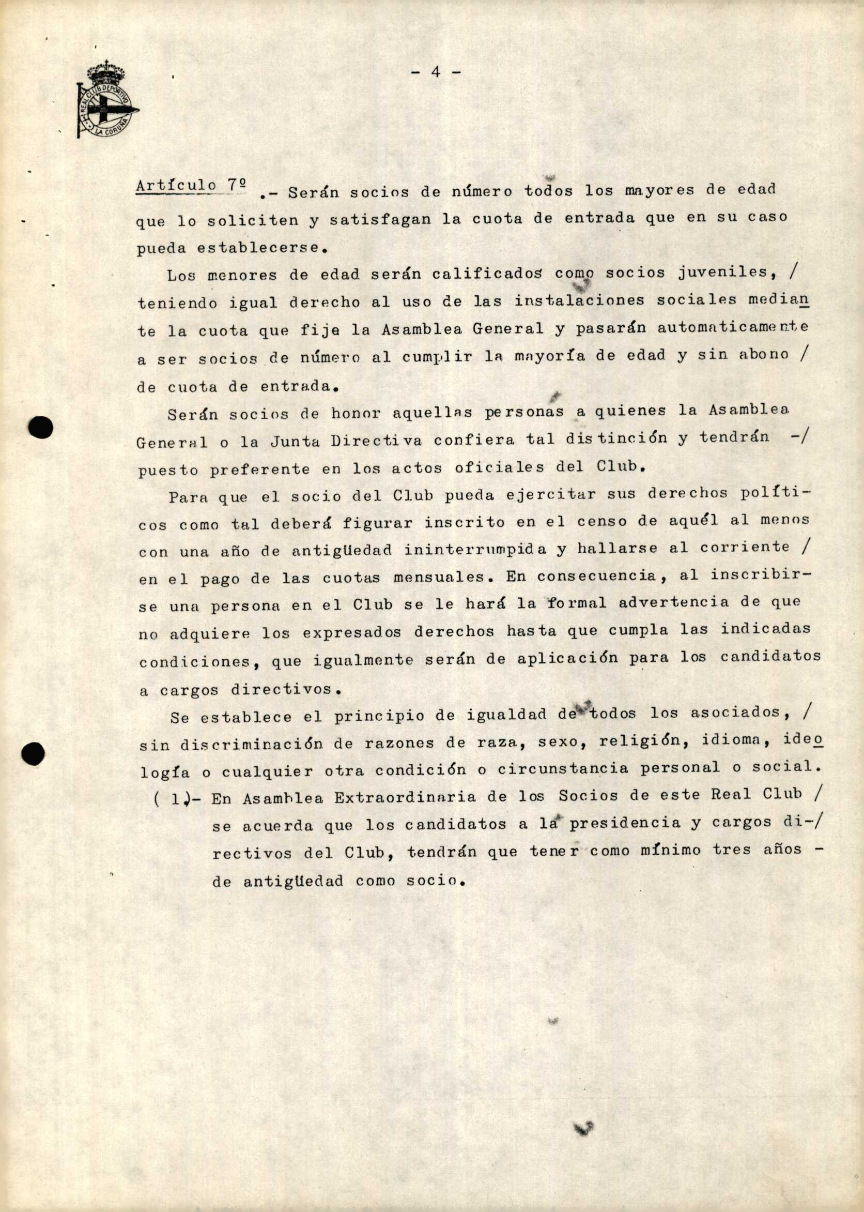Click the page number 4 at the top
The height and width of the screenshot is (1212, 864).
pyautogui.click(x=436, y=72)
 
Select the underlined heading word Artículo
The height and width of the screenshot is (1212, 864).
pyautogui.click(x=176, y=186)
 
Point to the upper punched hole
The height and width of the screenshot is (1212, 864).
pyautogui.click(x=41, y=428)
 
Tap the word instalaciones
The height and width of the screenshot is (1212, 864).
pyautogui.click(x=579, y=300)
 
